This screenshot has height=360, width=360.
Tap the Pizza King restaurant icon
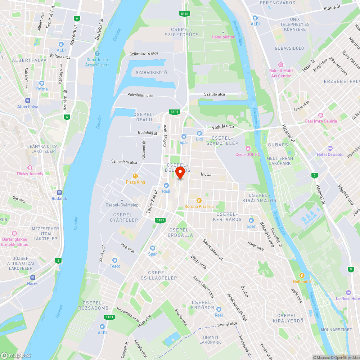click(135, 176)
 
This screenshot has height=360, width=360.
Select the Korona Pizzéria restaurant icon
click(199, 200)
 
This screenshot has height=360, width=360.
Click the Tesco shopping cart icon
click(115, 260)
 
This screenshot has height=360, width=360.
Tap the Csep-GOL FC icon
click(248, 148)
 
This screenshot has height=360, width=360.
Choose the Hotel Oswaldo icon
click(330, 148)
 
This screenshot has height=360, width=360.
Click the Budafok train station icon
click(59, 193)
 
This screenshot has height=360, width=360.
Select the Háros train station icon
click(32, 278)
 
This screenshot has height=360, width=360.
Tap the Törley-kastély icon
click(30, 168)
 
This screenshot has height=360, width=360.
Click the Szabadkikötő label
click(151, 73)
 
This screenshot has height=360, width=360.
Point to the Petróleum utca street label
click(140, 95)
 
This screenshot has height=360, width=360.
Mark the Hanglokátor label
click(223, 37)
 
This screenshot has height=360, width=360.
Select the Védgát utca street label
click(223, 127)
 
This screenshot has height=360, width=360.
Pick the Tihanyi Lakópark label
click(210, 339)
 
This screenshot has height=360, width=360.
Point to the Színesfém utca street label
click(124, 162)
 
